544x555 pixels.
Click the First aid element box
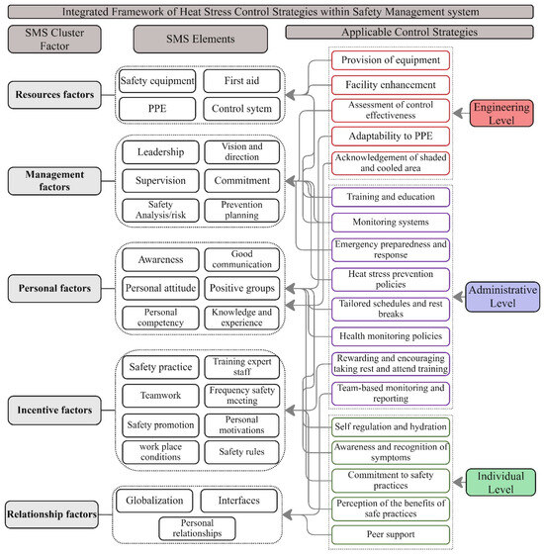click(x=240, y=81)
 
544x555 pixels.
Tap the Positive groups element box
click(x=240, y=288)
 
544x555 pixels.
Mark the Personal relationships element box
click(x=195, y=527)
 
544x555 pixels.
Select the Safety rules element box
click(x=240, y=452)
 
